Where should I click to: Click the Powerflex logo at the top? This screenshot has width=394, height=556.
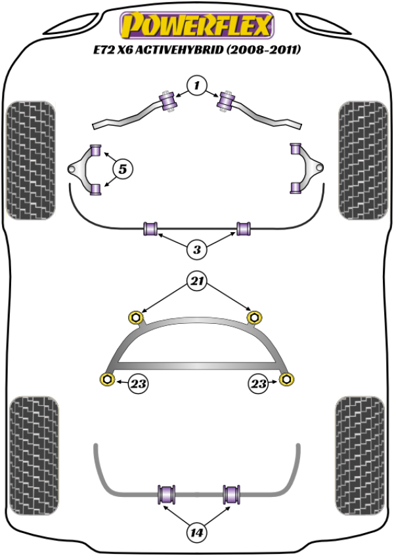196,26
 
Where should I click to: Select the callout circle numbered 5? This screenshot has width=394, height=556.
122,169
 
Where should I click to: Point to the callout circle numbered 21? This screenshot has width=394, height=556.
197,283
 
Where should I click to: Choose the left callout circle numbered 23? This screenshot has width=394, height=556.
137,384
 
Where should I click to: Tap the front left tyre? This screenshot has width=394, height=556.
30,159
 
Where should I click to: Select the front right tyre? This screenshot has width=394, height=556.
364,159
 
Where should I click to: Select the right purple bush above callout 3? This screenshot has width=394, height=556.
245,229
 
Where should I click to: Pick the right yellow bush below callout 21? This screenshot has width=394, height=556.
255,318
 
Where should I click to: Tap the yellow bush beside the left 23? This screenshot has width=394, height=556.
105,378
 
